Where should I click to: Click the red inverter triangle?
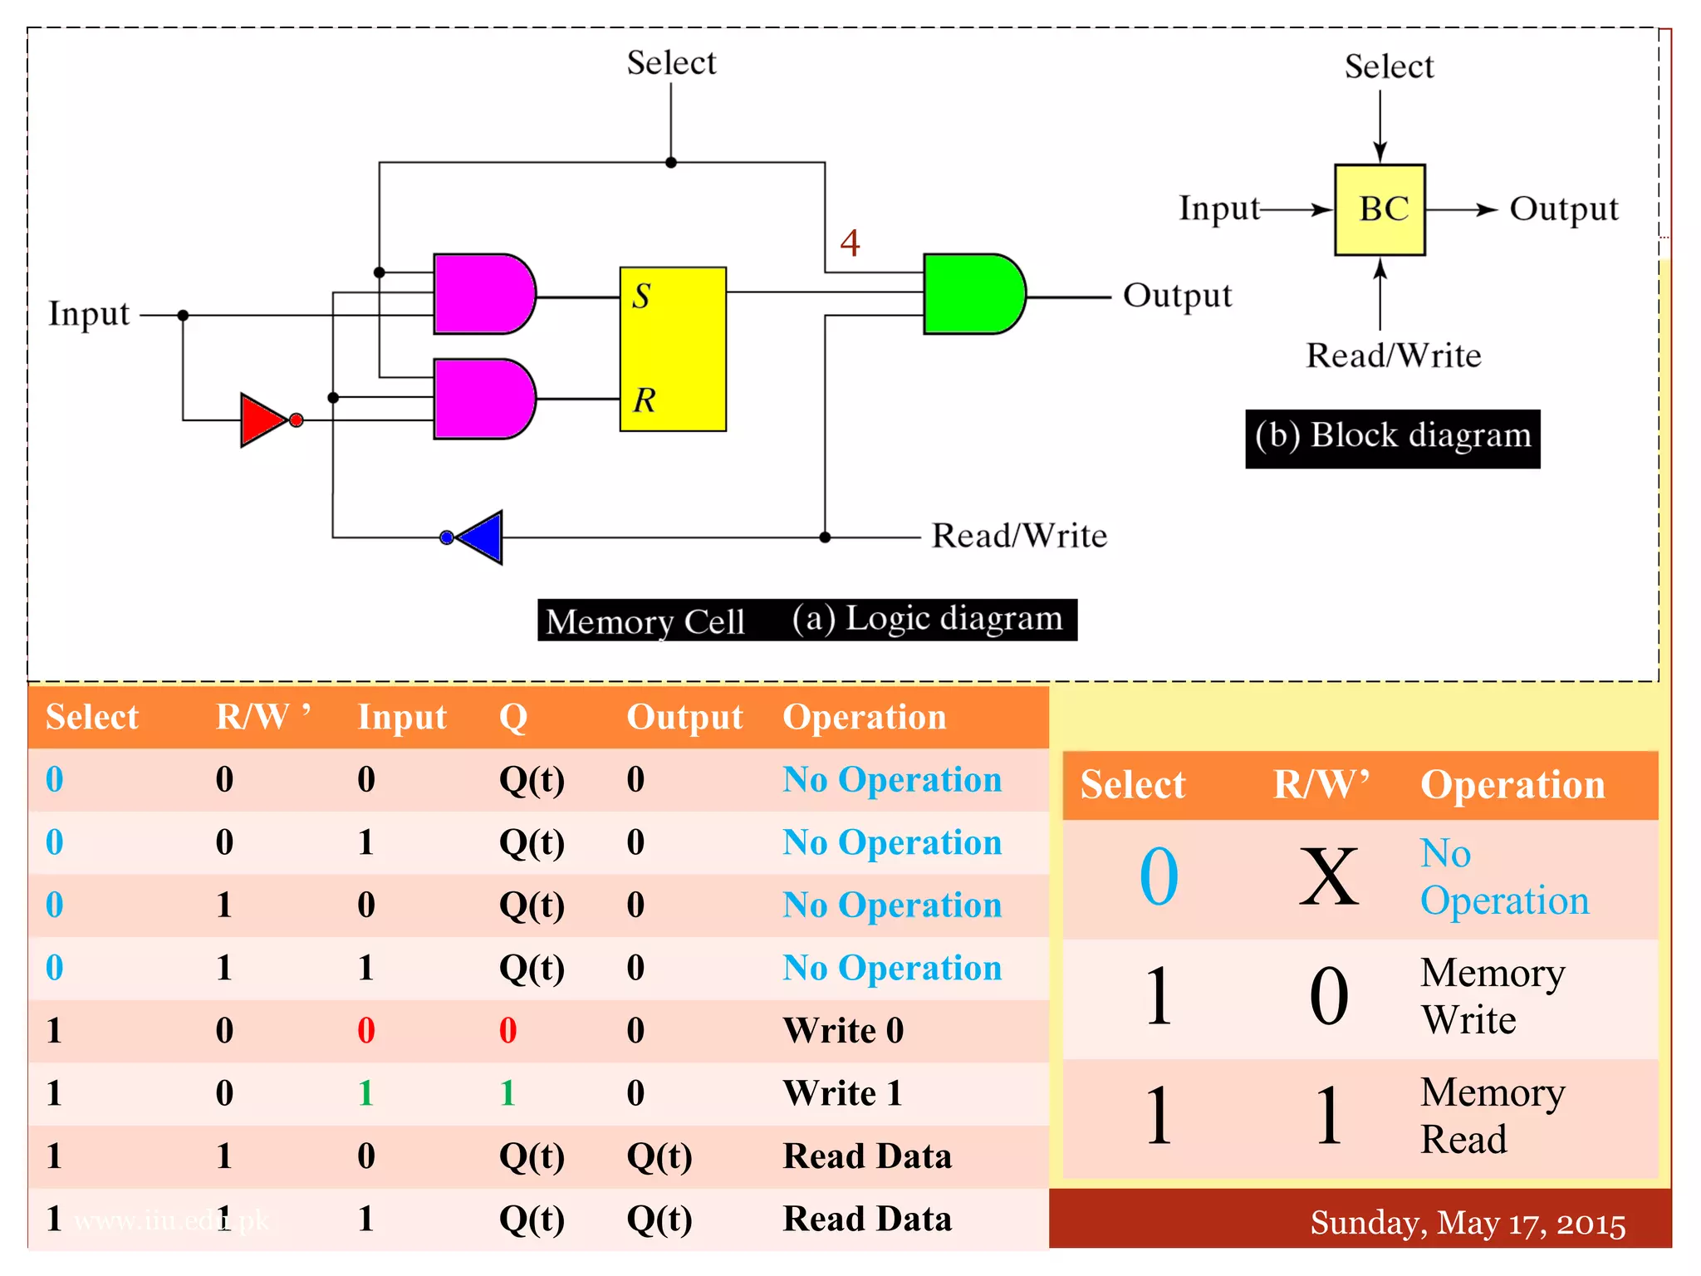point(262,420)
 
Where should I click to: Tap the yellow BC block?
point(1380,209)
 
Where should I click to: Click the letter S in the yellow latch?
point(641,297)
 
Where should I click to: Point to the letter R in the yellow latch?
point(644,400)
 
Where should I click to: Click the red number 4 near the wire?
point(850,243)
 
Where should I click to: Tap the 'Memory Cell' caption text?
point(645,621)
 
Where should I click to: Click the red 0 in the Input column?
point(366,1031)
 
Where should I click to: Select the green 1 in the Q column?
point(508,1093)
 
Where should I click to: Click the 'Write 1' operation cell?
point(842,1093)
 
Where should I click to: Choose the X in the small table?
point(1328,877)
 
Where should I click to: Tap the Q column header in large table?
point(512,717)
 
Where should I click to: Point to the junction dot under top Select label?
point(671,163)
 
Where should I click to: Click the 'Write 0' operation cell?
point(842,1031)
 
